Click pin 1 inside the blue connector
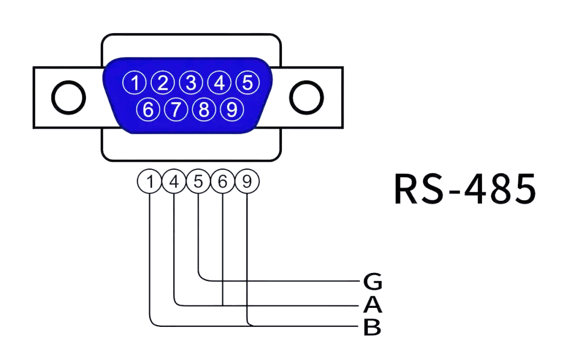[135, 83]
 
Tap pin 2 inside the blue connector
[163, 83]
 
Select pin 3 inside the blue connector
[191, 83]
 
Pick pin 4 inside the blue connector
[219, 83]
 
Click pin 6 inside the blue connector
[149, 110]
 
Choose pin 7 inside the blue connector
[176, 110]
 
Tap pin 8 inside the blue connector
[204, 110]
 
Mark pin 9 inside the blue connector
[232, 110]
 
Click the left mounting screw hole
[68, 98]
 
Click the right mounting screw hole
[307, 98]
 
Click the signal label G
[372, 282]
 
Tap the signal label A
[372, 305]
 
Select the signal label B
[372, 327]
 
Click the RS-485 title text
[465, 189]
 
